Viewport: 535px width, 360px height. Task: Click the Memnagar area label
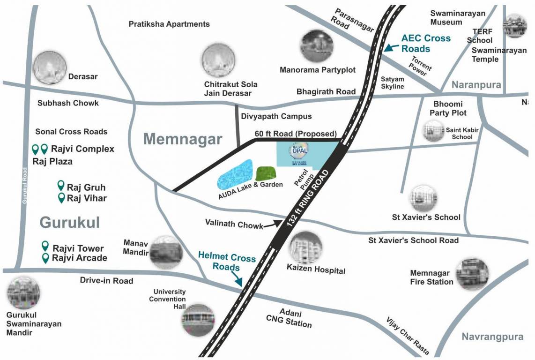[x=183, y=139]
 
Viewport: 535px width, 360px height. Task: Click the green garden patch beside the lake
[x=266, y=173]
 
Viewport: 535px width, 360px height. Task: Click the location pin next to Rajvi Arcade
[x=46, y=258]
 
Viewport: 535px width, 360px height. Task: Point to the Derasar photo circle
[x=50, y=68]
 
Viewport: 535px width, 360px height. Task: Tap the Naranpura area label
[x=476, y=85]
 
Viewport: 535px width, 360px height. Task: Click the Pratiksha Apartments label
[x=169, y=24]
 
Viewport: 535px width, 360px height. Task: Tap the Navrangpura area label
[x=491, y=337]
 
